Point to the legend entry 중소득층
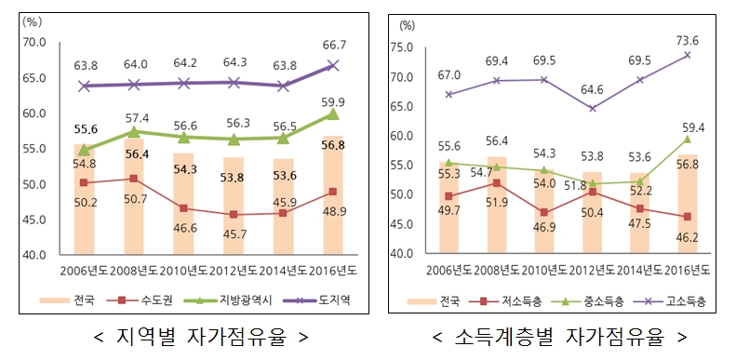click(x=602, y=300)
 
